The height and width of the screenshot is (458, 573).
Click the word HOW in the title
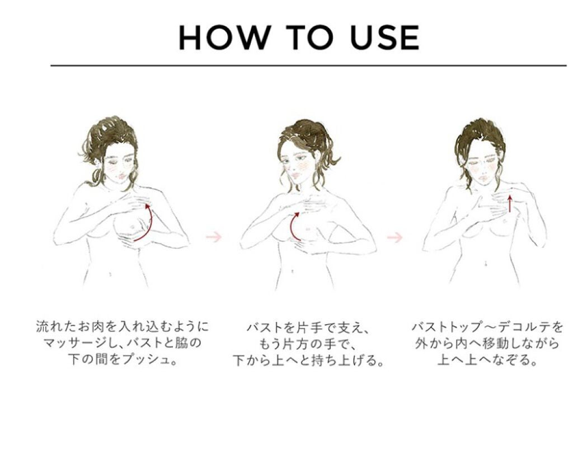tap(223, 38)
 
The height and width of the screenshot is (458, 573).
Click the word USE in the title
tap(385, 38)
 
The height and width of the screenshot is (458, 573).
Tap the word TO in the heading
tap(310, 38)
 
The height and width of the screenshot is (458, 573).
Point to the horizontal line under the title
tap(308, 66)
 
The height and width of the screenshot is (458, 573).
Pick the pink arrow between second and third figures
tap(395, 237)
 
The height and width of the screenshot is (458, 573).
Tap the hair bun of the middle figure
tap(306, 130)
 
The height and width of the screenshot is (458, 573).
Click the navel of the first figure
tap(110, 273)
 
